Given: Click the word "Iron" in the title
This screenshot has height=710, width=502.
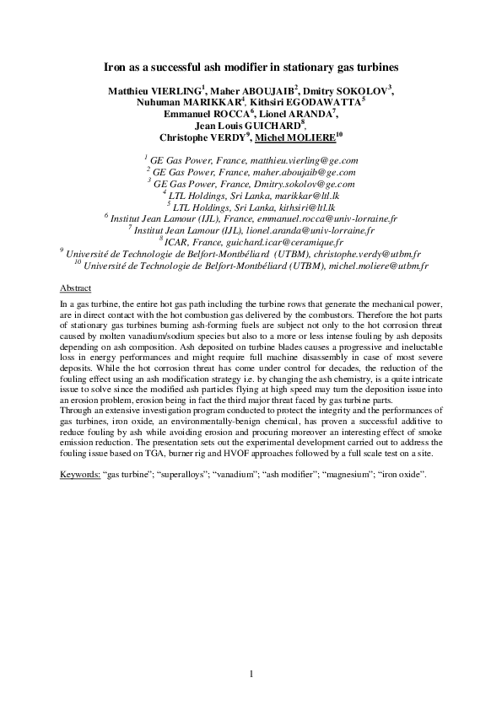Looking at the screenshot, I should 116,65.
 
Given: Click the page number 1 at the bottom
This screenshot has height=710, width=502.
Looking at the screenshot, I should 251,674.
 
